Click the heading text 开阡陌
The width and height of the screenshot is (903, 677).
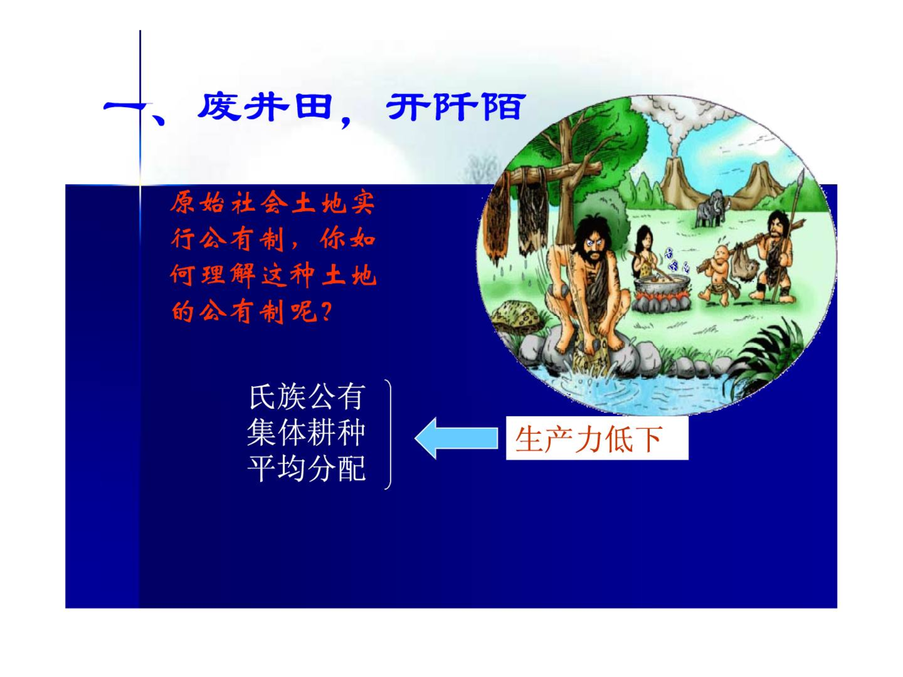coord(455,107)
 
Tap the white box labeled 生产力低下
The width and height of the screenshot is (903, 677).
coord(597,438)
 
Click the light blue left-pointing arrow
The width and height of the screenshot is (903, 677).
coord(456,438)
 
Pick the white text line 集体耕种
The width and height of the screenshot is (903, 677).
coord(307,433)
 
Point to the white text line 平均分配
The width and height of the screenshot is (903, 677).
coord(307,468)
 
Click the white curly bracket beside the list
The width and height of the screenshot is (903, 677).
coord(388,434)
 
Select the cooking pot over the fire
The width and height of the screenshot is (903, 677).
coord(660,287)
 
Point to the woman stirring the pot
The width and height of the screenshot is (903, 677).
coord(645,254)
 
